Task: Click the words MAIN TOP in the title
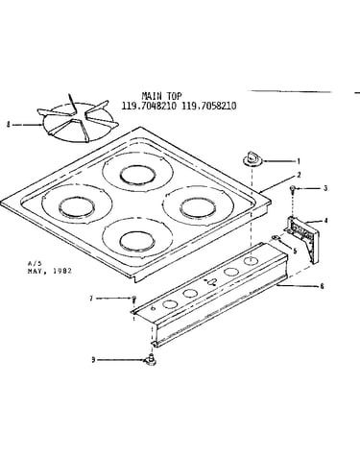click(x=161, y=96)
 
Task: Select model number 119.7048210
click(x=149, y=106)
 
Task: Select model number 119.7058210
click(x=209, y=106)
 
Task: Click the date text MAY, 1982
click(x=50, y=271)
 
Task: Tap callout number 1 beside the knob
click(x=299, y=161)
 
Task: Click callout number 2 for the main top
click(x=299, y=175)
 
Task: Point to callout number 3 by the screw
click(x=325, y=188)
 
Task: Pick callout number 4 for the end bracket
click(x=325, y=221)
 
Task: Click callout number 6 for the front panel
click(x=322, y=286)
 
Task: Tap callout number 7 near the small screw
click(x=91, y=299)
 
